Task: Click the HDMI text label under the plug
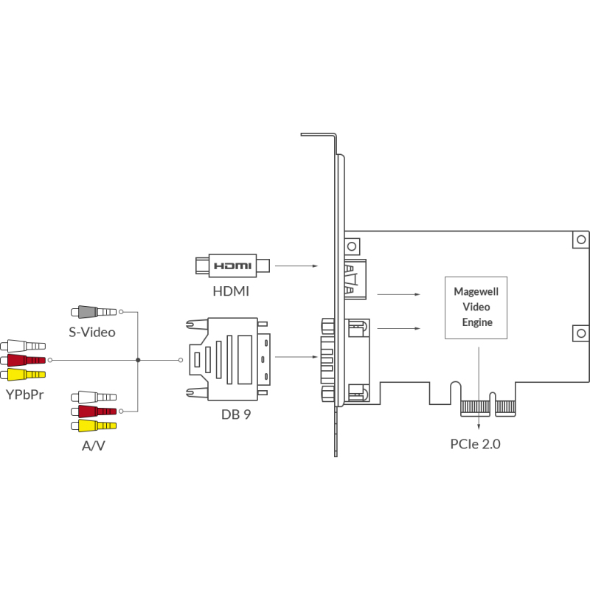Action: [231, 291]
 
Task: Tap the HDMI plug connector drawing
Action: [232, 265]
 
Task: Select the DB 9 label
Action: [236, 414]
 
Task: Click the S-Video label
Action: [91, 332]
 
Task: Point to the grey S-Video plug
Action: [94, 312]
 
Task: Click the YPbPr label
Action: [25, 395]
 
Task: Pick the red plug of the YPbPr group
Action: [23, 360]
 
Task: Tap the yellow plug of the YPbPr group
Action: [23, 375]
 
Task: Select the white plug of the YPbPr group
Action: [23, 346]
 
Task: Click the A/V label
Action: [94, 445]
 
